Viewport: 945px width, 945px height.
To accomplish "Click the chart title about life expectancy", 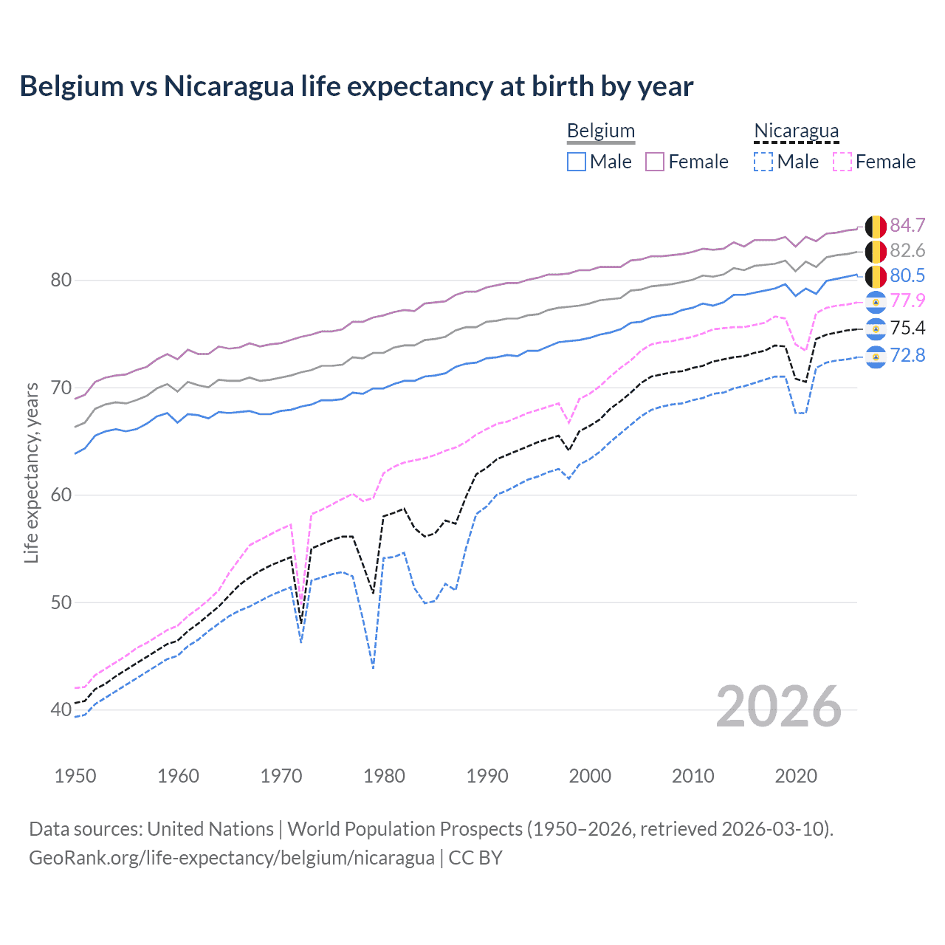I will point(356,86).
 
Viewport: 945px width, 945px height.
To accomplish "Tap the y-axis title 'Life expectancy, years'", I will point(31,472).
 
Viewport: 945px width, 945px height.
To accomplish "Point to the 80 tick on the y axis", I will point(61,280).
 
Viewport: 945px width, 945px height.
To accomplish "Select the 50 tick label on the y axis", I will point(61,602).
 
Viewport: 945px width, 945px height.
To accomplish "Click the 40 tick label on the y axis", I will point(61,710).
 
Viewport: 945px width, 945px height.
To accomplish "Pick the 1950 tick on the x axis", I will point(75,776).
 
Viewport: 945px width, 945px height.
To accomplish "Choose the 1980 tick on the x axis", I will point(384,776).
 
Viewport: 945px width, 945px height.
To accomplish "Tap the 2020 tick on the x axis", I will point(796,776).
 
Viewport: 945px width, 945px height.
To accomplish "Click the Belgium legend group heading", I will point(600,131).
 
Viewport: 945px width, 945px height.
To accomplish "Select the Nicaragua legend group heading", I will point(796,131).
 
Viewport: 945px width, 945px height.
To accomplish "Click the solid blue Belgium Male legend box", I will point(577,162).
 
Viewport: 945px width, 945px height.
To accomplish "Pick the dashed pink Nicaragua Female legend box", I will point(842,162).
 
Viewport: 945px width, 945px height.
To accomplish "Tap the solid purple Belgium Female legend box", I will point(655,162).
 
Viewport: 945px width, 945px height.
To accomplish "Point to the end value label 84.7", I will point(907,225).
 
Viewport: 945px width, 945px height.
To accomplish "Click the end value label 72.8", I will point(907,356).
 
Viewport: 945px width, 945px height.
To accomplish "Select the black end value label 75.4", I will point(907,328).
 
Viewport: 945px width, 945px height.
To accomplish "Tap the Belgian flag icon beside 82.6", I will point(876,251).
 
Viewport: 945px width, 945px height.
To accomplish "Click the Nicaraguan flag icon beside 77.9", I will point(876,301).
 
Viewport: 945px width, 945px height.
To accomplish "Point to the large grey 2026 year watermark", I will point(778,707).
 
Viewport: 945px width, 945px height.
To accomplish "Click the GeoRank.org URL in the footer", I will point(231,858).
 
